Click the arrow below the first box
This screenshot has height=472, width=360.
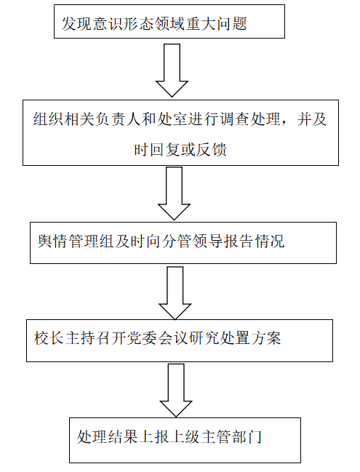click(172, 71)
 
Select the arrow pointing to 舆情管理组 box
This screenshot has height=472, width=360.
click(174, 193)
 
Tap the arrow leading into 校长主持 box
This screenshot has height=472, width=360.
click(175, 293)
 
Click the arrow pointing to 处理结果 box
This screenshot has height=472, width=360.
click(176, 391)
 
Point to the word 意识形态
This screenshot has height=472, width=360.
click(123, 23)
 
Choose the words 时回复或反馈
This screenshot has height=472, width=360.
click(180, 149)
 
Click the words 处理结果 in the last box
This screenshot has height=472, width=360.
click(108, 436)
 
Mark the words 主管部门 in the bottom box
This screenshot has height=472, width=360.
click(231, 436)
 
